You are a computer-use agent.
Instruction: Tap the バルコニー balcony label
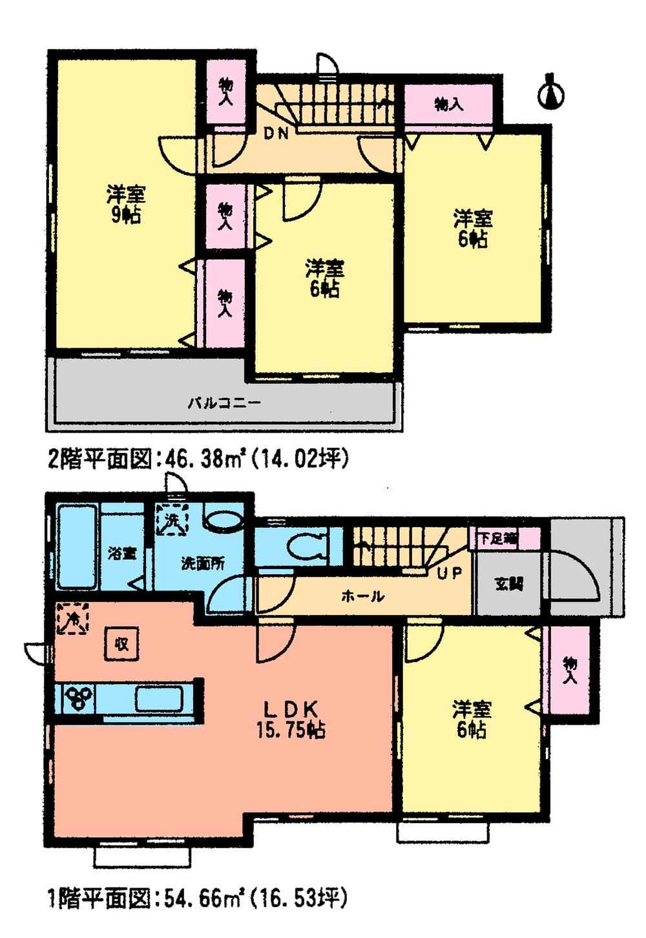click(x=224, y=403)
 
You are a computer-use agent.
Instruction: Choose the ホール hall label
click(x=362, y=596)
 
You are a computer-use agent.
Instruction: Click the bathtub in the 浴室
click(x=78, y=548)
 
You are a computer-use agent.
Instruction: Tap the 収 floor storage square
click(x=121, y=643)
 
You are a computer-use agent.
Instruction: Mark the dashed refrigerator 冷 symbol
click(x=73, y=619)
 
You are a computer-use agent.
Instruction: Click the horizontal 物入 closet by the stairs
click(x=449, y=104)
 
